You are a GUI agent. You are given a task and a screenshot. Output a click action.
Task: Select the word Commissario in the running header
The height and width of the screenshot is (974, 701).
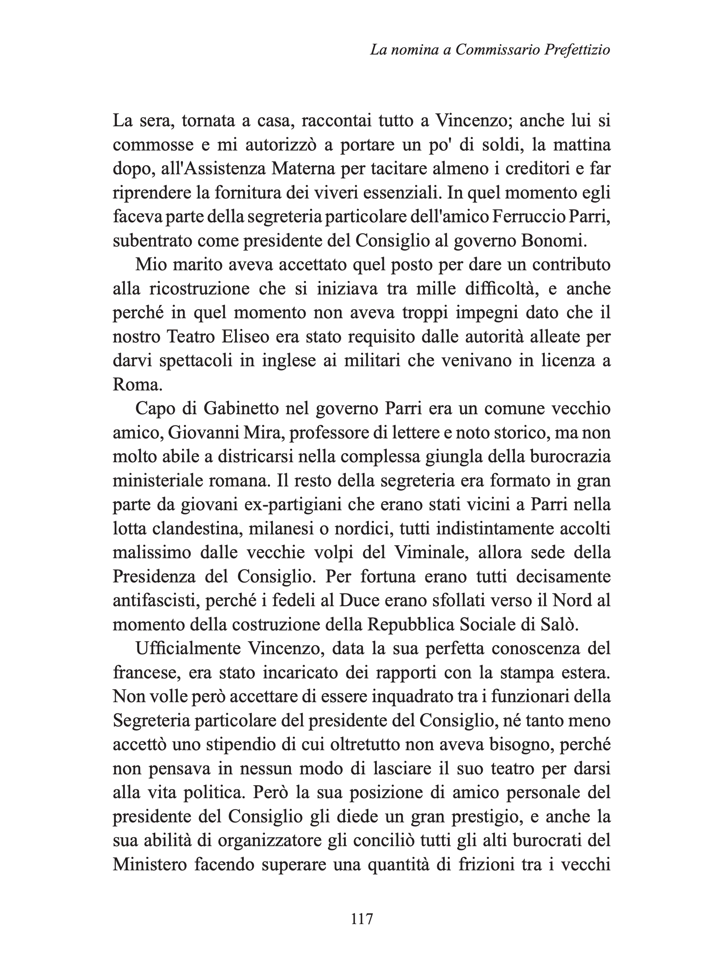click(x=497, y=51)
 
